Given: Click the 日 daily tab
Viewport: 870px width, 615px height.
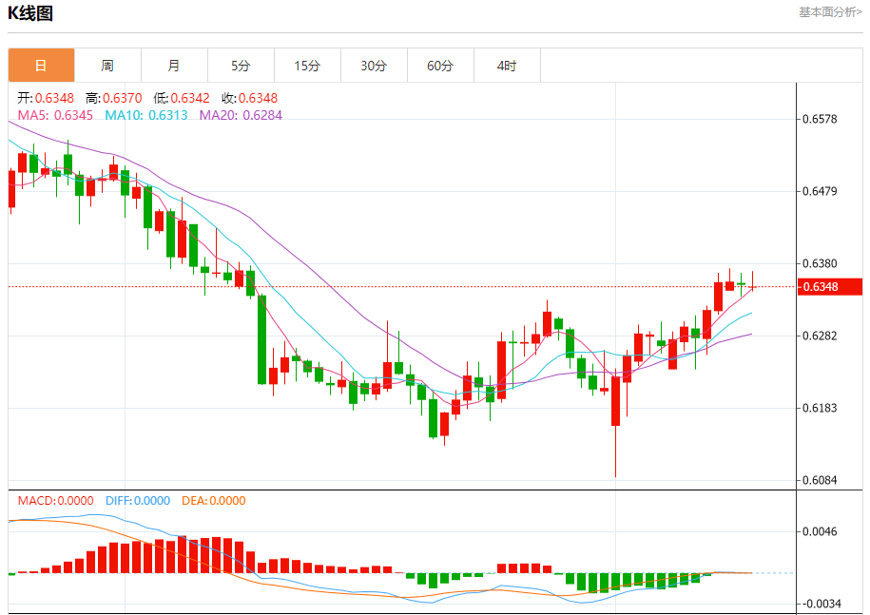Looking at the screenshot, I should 41,66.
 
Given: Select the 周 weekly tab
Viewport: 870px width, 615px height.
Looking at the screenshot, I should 107,66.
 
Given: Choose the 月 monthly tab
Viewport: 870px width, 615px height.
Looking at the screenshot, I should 174,66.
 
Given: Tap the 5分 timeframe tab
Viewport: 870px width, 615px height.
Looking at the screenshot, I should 241,66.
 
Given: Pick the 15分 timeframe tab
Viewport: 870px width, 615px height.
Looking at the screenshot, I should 307,66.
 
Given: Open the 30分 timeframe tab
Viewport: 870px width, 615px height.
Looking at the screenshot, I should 374,66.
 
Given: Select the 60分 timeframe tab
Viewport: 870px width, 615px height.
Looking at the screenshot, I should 440,66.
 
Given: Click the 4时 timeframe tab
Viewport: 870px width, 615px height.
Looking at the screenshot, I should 507,66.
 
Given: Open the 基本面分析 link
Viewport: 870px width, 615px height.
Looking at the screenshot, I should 830,12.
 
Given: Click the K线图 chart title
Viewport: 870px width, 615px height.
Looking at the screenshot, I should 30,13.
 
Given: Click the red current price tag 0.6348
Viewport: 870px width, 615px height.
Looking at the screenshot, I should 819,287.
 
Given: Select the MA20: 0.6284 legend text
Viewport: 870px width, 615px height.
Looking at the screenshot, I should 240,115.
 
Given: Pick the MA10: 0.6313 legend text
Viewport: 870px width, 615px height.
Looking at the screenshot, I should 146,115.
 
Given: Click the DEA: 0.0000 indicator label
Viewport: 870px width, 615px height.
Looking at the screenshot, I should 213,501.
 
